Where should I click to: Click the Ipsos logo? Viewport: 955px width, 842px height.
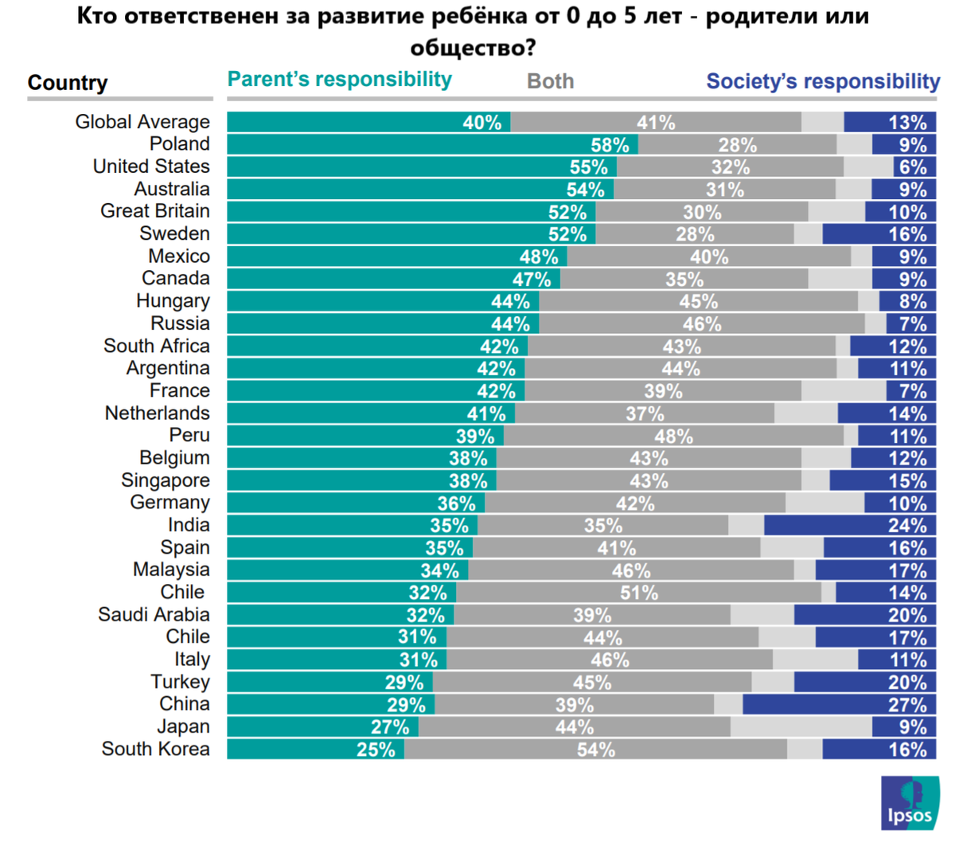coord(910,803)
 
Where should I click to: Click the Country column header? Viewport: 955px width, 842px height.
coord(68,83)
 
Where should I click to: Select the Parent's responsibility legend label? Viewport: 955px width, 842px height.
coord(340,80)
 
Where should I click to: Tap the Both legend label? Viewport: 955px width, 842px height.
coord(550,81)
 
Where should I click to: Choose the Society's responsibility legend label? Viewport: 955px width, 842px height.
coord(823,81)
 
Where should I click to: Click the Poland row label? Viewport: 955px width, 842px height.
coord(180,144)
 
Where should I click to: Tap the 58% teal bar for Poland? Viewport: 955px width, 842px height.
coord(432,144)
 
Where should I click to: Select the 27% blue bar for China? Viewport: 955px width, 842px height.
coord(839,705)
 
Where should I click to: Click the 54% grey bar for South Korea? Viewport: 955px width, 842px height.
coord(595,750)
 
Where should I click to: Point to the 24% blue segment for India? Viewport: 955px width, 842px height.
coord(849,526)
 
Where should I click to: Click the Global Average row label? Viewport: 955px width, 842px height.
coord(142,122)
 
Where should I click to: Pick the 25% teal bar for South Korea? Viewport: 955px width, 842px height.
coord(315,750)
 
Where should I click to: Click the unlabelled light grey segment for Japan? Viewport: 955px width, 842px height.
coord(801,727)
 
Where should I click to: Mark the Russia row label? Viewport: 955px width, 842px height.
coord(181,323)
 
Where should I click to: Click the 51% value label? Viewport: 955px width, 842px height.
coord(639,593)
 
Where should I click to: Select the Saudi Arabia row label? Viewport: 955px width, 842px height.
coord(154,615)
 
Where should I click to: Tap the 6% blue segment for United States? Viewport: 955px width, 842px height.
coord(914,167)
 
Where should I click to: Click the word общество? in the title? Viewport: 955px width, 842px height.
coord(473,48)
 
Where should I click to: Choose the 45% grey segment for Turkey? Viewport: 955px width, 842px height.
coord(592,683)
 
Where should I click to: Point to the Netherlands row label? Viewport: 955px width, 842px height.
coord(158,413)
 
